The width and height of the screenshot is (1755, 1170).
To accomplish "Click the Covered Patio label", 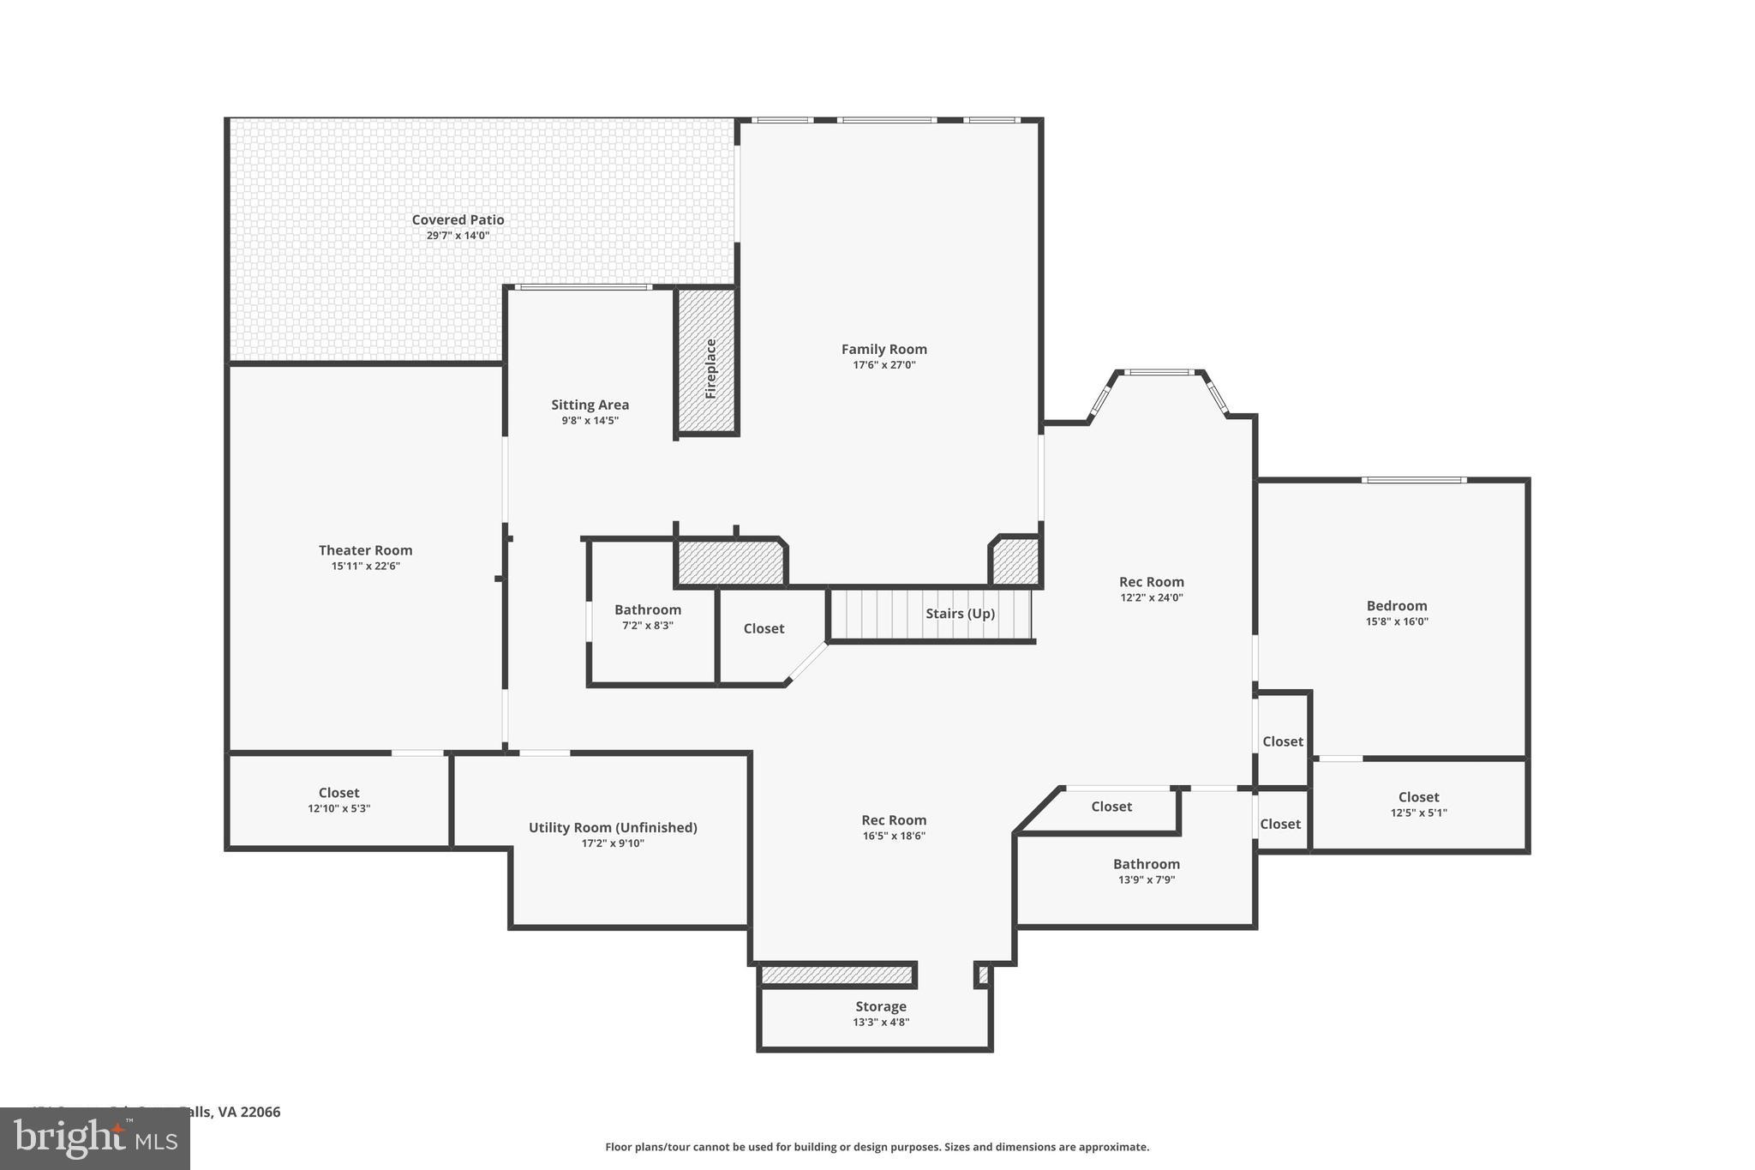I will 458,219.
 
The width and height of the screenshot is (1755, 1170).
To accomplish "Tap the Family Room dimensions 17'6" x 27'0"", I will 883,365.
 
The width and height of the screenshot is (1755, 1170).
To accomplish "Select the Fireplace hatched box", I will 708,361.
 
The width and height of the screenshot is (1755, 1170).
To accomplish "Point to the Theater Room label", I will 365,550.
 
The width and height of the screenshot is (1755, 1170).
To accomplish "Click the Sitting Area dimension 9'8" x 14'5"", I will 590,421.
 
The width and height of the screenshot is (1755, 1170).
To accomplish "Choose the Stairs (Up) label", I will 960,614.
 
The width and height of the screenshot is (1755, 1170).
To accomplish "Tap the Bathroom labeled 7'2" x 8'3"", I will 648,617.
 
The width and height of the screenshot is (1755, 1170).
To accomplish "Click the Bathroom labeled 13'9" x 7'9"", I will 1146,871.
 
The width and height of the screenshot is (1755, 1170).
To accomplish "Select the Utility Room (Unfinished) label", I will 612,827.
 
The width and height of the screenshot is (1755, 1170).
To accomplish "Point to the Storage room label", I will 880,1006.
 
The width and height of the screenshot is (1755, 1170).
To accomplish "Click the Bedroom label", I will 1396,606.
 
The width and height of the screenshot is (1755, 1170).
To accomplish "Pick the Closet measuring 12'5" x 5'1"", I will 1418,804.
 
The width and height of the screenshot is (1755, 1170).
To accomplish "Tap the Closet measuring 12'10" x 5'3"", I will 338,800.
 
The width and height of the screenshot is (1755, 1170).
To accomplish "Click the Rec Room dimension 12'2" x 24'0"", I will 1151,598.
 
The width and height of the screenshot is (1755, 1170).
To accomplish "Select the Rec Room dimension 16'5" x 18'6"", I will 893,837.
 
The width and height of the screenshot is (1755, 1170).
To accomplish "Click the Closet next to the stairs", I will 764,628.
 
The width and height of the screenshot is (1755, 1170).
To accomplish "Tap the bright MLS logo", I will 95,1138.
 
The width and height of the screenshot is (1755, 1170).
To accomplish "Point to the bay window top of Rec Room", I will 1158,372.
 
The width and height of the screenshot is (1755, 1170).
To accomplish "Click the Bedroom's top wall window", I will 1413,480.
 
